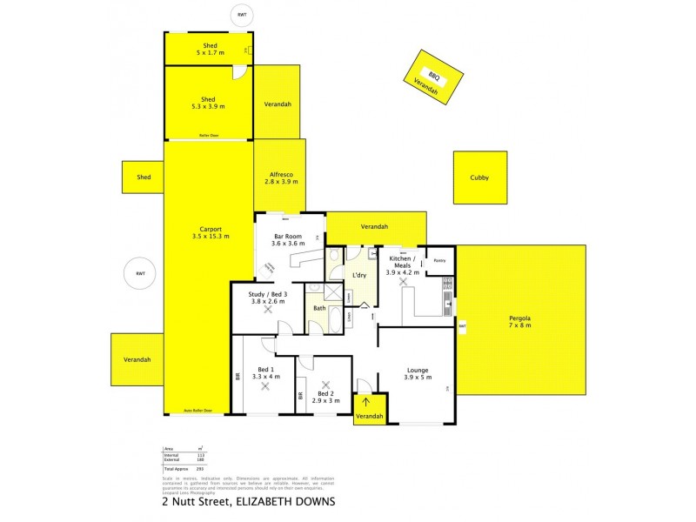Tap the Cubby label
(x=479, y=177)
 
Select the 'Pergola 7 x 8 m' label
(x=519, y=322)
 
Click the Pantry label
(x=439, y=260)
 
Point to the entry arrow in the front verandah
(x=366, y=402)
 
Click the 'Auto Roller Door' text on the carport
(x=197, y=410)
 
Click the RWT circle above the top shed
(x=243, y=15)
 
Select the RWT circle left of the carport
(x=139, y=274)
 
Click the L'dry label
(x=358, y=276)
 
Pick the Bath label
(x=319, y=308)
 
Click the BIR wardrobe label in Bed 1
(x=238, y=377)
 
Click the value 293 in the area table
(x=200, y=468)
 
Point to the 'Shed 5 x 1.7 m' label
(x=210, y=48)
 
